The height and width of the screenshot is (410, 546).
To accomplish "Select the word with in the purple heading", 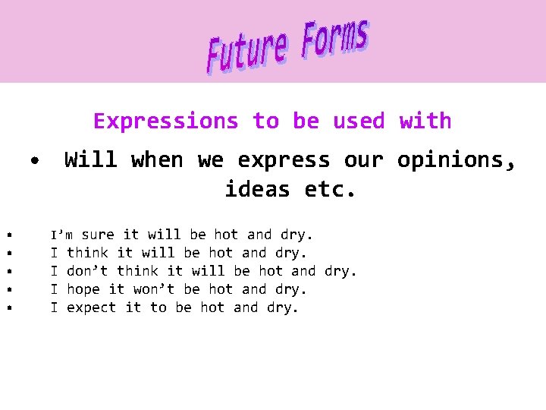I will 425,121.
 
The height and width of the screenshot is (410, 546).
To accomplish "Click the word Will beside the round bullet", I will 90,160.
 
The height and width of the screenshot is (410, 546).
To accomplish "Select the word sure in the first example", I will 98,235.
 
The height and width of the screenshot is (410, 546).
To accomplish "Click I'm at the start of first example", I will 61,235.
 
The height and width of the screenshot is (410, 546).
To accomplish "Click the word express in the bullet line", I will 284,160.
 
